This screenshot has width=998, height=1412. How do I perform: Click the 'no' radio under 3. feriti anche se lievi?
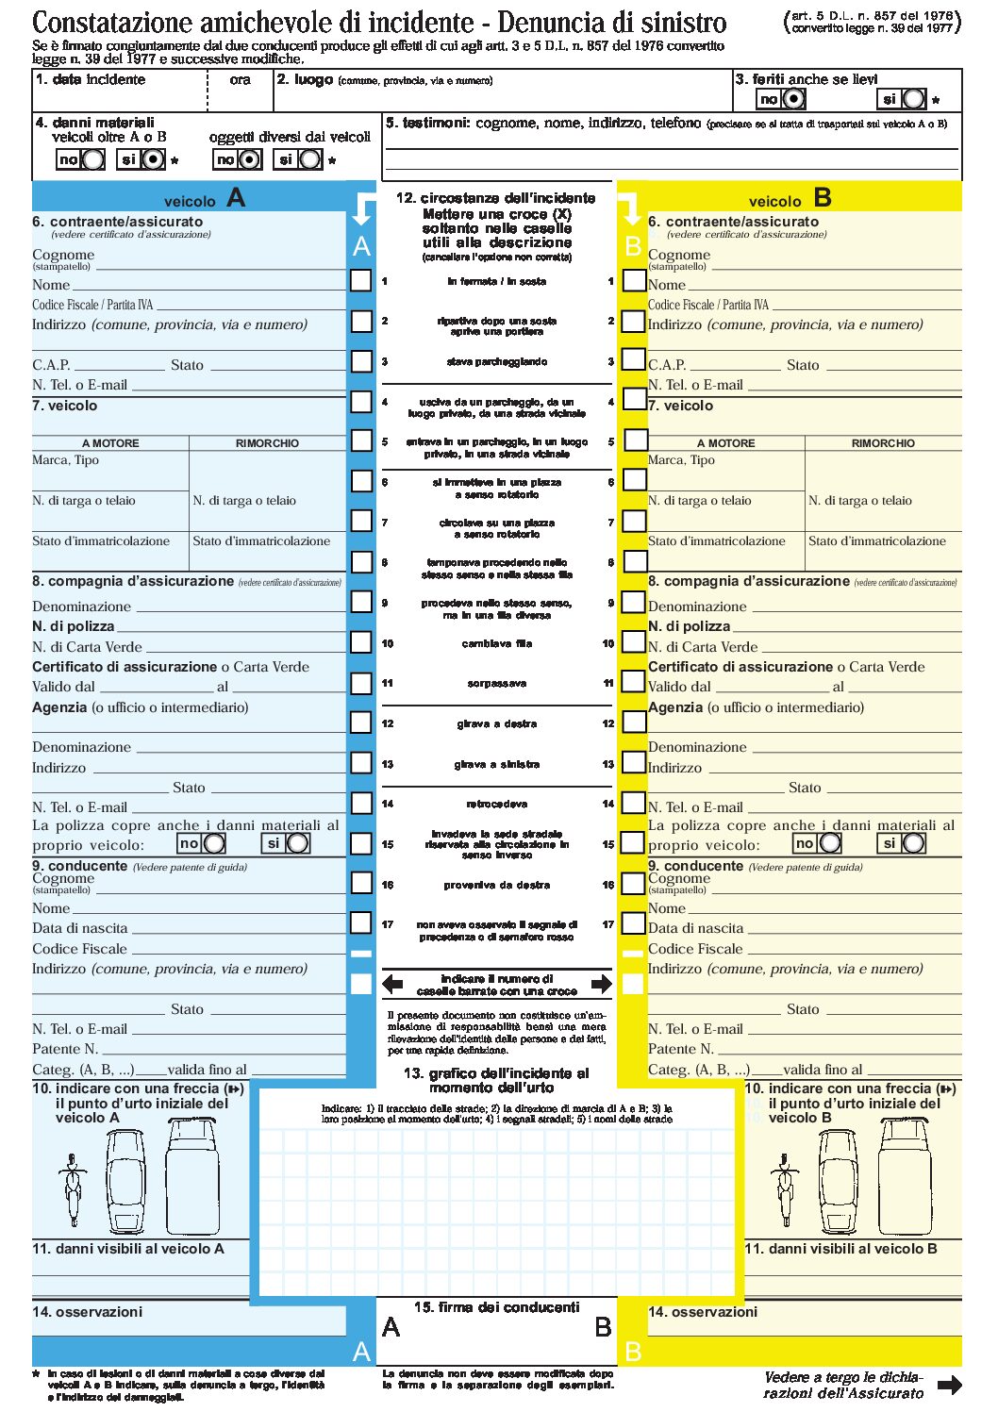[x=794, y=99]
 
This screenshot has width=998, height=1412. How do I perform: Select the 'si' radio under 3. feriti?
[x=913, y=99]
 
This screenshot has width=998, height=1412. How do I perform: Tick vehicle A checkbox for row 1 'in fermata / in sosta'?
[x=361, y=280]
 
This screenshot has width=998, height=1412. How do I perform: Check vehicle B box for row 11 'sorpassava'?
[x=634, y=681]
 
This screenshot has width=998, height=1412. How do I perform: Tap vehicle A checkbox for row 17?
[x=361, y=922]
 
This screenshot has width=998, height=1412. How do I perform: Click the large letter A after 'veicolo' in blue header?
[x=236, y=198]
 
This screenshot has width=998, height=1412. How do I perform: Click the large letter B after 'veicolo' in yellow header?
[x=822, y=198]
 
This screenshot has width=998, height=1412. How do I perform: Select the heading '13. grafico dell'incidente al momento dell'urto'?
[x=496, y=1080]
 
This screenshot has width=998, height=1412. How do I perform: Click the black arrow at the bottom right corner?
[x=950, y=1385]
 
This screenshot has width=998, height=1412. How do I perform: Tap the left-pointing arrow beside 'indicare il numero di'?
[x=392, y=985]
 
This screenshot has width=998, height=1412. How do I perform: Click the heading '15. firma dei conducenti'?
[x=496, y=1307]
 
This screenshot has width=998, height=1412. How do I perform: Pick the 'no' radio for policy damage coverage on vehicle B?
[x=830, y=843]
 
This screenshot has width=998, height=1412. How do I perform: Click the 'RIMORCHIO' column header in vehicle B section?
[x=883, y=443]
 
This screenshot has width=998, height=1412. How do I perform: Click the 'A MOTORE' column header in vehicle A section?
[x=110, y=443]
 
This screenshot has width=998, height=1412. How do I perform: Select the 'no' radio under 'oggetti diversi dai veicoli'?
[x=249, y=159]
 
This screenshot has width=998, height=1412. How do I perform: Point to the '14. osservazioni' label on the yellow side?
[x=702, y=1312]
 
